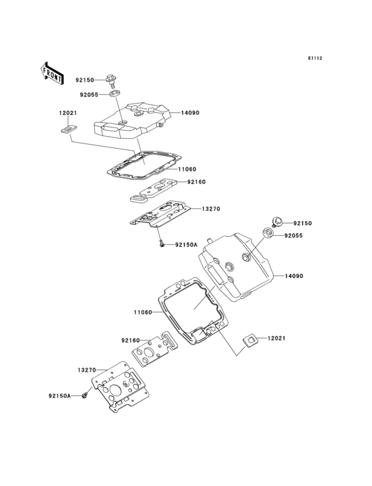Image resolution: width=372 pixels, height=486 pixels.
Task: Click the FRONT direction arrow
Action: click(52, 73)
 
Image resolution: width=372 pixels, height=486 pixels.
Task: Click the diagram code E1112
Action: click(315, 58)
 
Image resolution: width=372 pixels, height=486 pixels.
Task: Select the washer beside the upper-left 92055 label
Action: click(115, 94)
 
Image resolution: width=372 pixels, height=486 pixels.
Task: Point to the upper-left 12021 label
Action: click(68, 113)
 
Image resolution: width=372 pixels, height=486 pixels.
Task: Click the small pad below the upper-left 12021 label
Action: click(69, 129)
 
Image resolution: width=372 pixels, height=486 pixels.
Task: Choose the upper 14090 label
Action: click(191, 113)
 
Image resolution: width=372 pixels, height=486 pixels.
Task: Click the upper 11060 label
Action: click(187, 169)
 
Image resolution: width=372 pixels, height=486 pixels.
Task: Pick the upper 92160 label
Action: click(196, 182)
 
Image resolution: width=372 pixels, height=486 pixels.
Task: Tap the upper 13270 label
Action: click(211, 209)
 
